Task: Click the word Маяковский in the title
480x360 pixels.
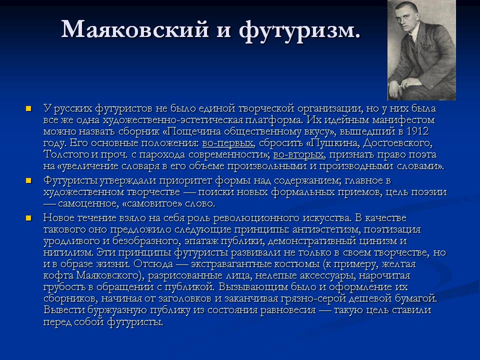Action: pos(135,29)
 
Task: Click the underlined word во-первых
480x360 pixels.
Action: pos(228,143)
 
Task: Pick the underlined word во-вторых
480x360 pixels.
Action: pos(298,154)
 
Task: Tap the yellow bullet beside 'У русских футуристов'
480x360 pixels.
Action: pos(29,108)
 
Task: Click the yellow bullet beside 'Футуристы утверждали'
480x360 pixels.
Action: pos(29,181)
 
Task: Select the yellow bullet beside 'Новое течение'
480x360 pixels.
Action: pos(29,218)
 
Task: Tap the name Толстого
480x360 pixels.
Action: pos(66,154)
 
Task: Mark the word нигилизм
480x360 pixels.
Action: pos(68,252)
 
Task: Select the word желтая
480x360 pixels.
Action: pos(399,264)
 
